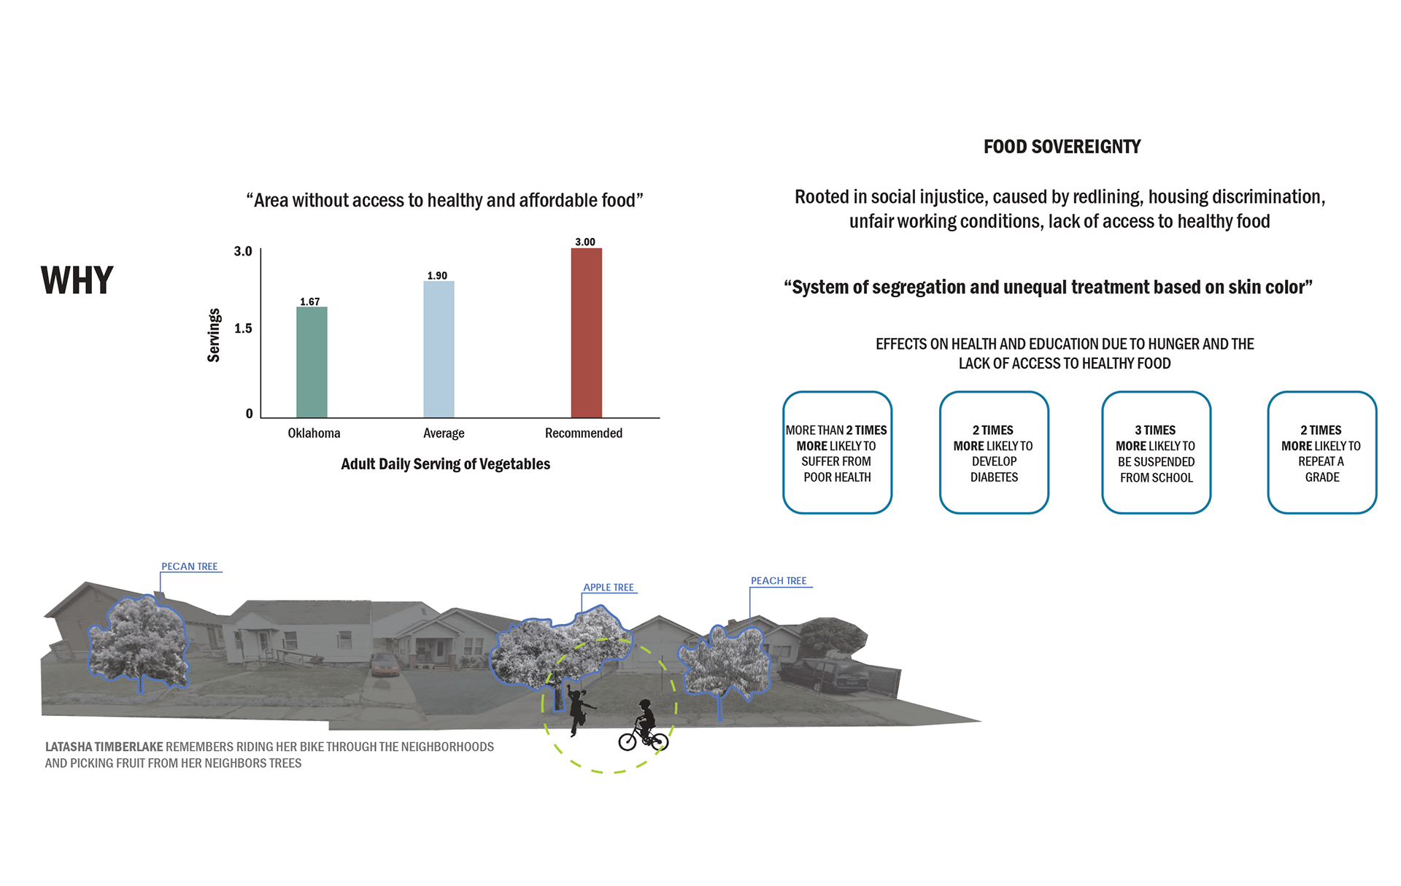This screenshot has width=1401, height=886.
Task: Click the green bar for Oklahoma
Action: [312, 362]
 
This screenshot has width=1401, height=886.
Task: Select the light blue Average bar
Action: [439, 350]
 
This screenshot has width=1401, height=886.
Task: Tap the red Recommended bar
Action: [587, 333]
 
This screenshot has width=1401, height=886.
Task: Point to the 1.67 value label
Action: [310, 301]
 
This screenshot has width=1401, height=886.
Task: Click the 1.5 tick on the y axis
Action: [243, 328]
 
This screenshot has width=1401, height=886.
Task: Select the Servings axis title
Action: [213, 335]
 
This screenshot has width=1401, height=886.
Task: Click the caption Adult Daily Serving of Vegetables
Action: [446, 464]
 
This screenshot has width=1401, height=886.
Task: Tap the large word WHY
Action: [77, 280]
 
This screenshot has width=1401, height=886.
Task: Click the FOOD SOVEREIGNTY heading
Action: [1062, 147]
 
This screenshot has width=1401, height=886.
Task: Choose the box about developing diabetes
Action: [994, 452]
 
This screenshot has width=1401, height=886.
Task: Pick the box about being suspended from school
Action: [1157, 452]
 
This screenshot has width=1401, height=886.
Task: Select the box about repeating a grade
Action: [1321, 452]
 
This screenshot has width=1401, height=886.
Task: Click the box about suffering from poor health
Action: [837, 452]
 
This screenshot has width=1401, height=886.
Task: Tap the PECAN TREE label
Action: [190, 566]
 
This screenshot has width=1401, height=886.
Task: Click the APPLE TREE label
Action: [609, 588]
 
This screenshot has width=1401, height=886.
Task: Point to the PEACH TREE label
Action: [779, 581]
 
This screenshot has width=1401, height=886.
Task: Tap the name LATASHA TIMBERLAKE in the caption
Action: [104, 747]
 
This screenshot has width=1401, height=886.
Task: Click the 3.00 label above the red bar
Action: [585, 242]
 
